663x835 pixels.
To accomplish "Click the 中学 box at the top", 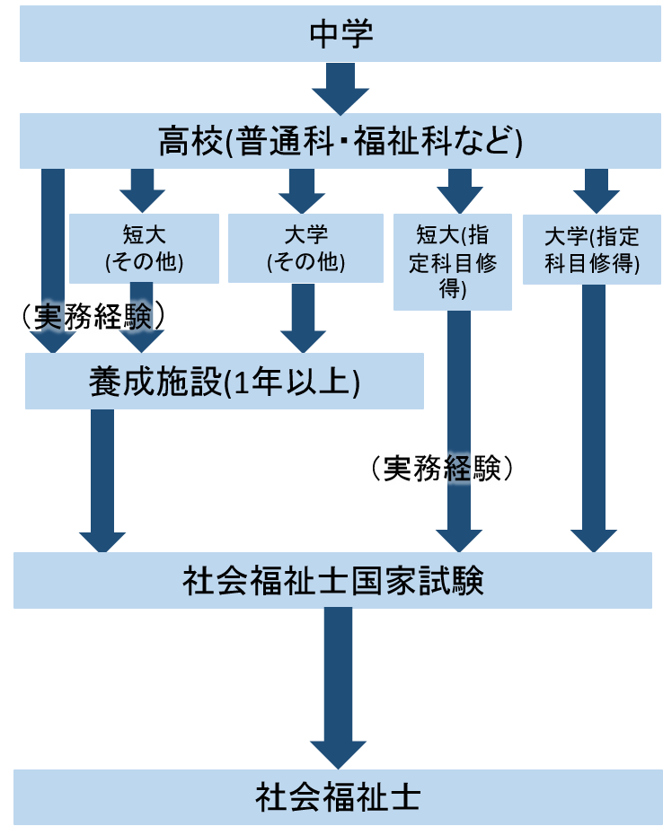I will click(x=340, y=35).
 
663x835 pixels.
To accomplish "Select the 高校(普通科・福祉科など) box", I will click(x=340, y=141).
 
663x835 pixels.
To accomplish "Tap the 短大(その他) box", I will click(x=144, y=249).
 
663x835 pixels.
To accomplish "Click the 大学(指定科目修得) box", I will click(x=592, y=250).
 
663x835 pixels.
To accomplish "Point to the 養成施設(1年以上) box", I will click(x=225, y=381).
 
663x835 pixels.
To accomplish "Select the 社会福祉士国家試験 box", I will click(x=332, y=580).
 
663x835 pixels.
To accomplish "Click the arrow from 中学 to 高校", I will click(x=340, y=88).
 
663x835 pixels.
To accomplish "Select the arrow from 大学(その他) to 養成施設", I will click(x=303, y=319).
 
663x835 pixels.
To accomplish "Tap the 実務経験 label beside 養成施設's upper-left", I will click(x=93, y=315).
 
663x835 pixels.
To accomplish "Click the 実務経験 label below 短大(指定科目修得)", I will click(x=440, y=468).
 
